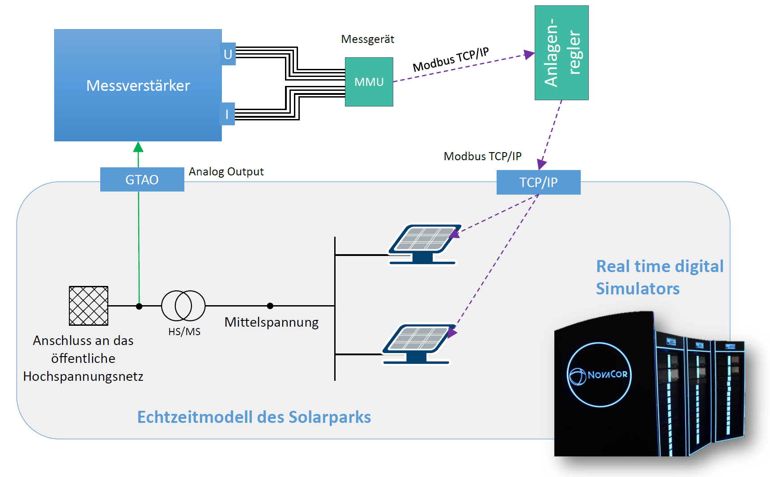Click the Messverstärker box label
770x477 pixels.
click(138, 85)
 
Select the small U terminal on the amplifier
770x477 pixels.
click(228, 54)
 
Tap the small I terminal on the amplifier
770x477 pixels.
click(227, 114)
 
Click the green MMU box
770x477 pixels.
click(369, 82)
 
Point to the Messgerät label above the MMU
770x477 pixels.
click(367, 39)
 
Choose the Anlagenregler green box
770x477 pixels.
click(561, 53)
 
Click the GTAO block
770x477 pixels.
click(142, 179)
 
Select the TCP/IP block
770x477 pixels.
click(538, 182)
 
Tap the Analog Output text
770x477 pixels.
click(226, 171)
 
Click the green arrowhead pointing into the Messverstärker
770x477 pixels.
click(138, 147)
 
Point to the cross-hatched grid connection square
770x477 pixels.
click(89, 306)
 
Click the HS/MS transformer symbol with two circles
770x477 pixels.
click(183, 306)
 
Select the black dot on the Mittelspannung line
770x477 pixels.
click(270, 306)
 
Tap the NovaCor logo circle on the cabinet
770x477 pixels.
click(599, 375)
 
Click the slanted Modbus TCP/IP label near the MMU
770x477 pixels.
click(451, 60)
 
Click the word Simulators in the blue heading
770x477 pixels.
click(638, 289)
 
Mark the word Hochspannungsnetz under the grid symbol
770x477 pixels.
click(83, 376)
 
